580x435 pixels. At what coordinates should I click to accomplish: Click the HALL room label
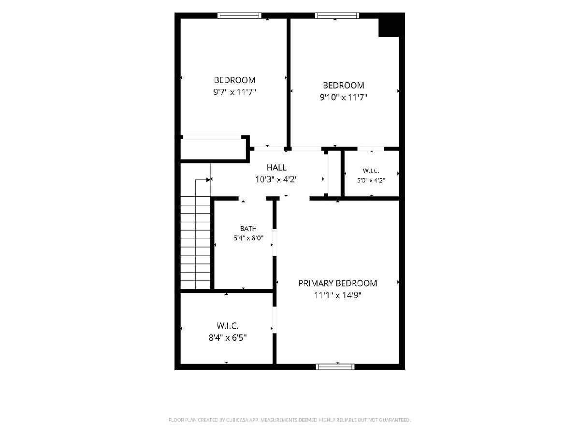(276, 167)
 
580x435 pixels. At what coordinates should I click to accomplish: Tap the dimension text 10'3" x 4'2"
(276, 180)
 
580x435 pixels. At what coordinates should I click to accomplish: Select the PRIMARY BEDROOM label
(338, 283)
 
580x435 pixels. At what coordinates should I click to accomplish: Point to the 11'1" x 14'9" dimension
(338, 295)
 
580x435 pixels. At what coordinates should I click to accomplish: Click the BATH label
(248, 229)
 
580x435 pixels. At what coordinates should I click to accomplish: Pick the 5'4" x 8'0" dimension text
(248, 238)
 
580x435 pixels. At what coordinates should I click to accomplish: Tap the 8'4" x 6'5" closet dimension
(228, 337)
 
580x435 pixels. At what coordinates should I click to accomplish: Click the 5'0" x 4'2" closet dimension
(371, 180)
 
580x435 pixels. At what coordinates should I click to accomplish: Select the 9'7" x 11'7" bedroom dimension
(234, 92)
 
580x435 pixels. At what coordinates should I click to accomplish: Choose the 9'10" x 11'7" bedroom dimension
(344, 98)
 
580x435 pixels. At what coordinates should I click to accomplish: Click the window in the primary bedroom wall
(335, 366)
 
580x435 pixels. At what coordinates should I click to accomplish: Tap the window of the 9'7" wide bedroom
(239, 15)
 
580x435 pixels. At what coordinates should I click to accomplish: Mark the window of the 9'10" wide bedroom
(337, 15)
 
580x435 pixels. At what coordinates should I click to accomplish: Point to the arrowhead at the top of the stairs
(209, 180)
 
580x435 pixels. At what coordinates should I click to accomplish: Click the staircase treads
(195, 243)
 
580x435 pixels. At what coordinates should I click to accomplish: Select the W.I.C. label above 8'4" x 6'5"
(228, 326)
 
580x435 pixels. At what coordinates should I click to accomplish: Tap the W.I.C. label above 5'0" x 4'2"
(371, 171)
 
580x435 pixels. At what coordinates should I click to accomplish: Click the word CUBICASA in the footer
(237, 420)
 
